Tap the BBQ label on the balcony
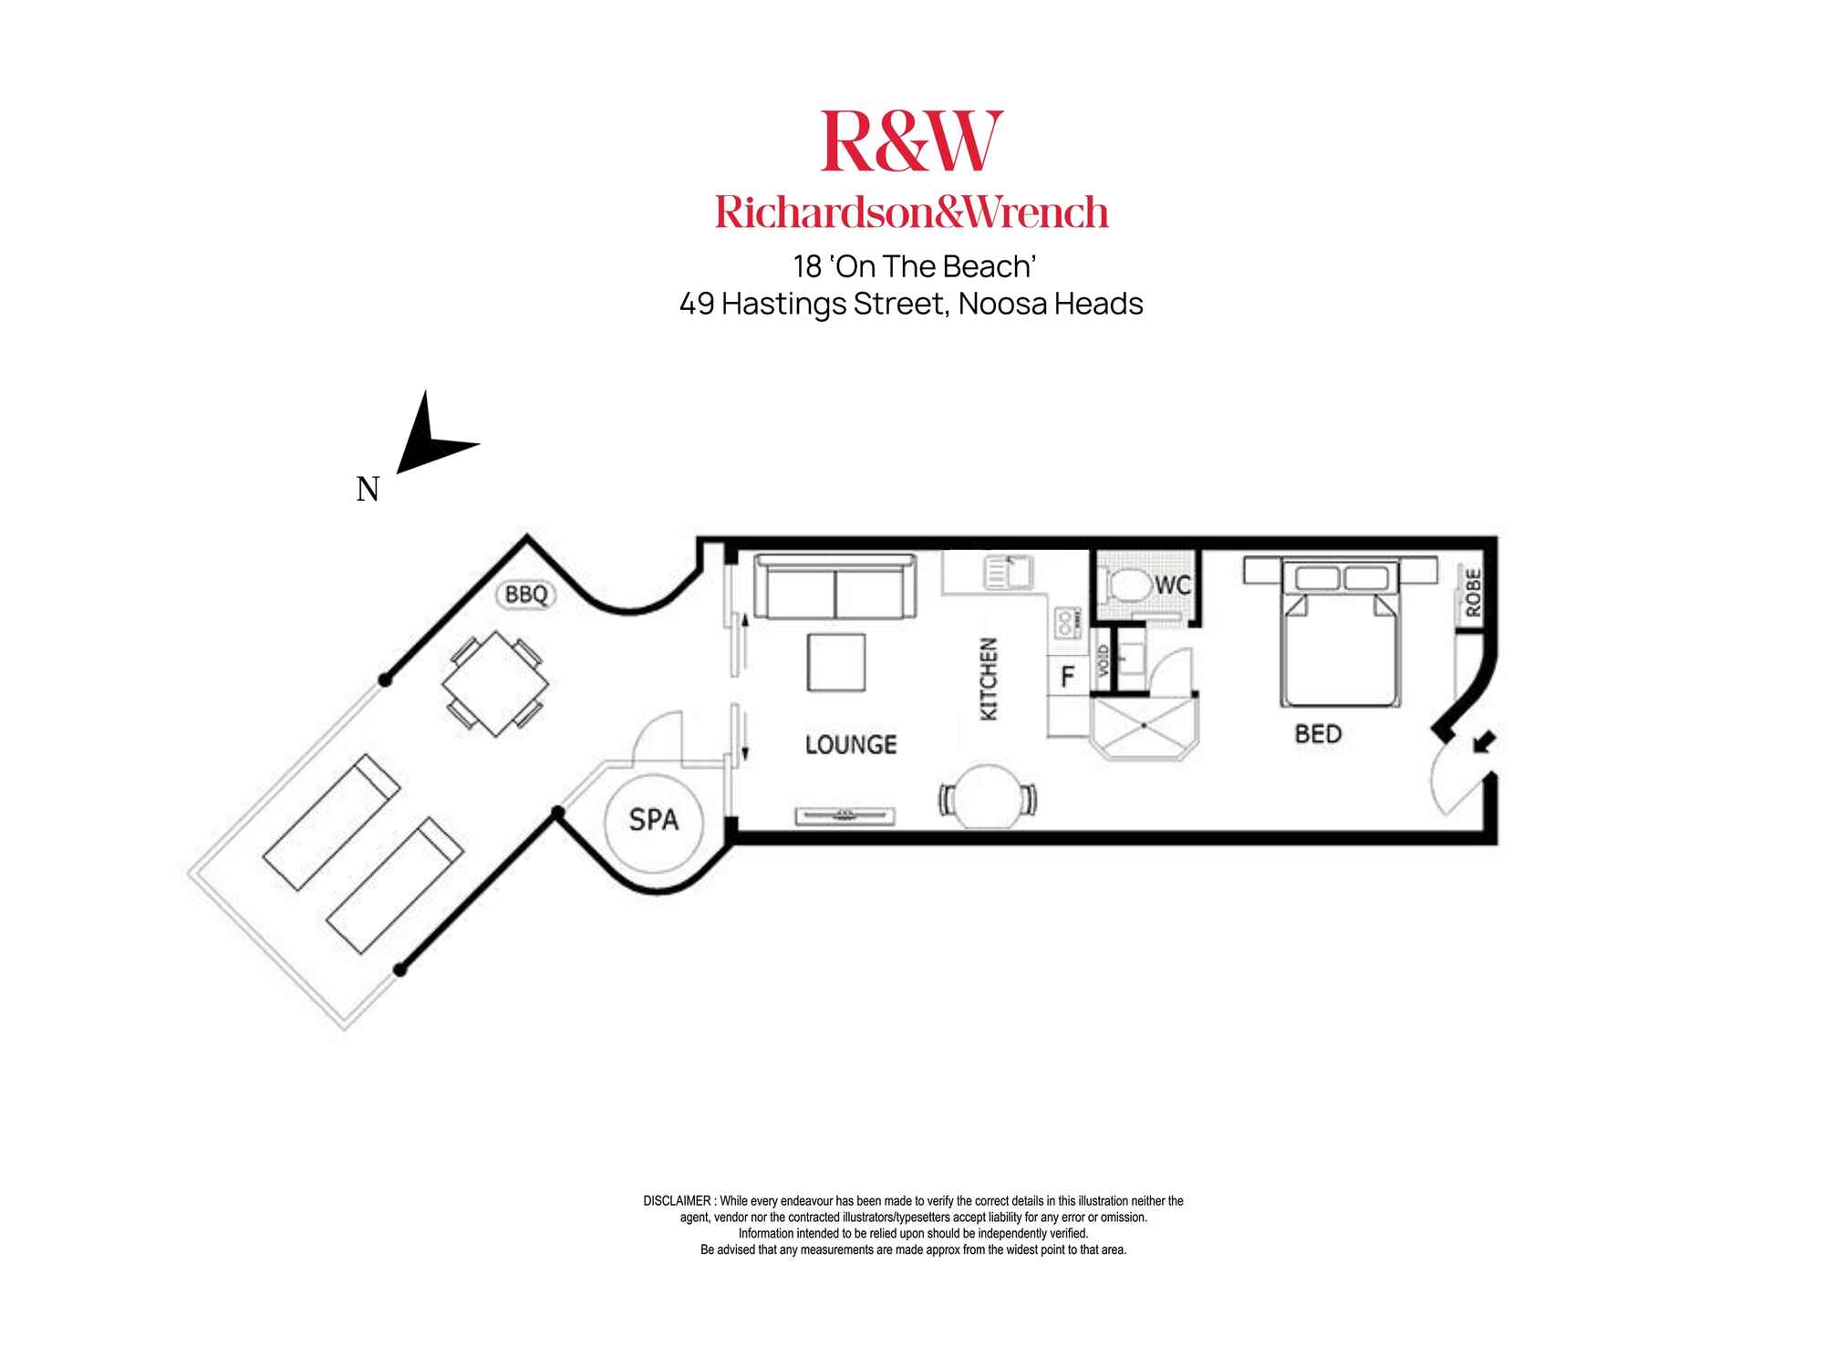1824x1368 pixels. click(526, 595)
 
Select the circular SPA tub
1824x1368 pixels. click(654, 820)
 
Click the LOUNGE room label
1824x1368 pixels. click(851, 744)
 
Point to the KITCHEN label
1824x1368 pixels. click(989, 679)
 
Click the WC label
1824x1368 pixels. click(1173, 585)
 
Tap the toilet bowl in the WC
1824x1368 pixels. click(1125, 584)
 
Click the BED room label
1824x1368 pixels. click(1318, 734)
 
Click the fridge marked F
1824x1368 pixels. click(1068, 676)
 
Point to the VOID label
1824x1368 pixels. click(1103, 661)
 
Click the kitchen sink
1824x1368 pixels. click(1008, 572)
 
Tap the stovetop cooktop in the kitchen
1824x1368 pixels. click(1065, 622)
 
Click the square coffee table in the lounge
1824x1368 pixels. click(836, 663)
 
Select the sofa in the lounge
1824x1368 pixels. click(835, 586)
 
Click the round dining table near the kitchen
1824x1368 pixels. click(989, 796)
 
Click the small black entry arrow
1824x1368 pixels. click(1484, 742)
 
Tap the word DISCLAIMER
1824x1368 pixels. click(677, 1201)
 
